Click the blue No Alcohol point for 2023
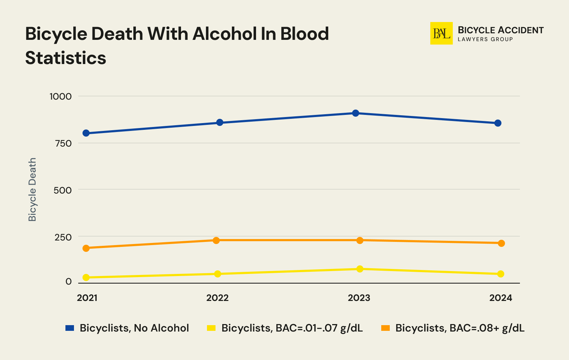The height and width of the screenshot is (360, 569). coord(355,113)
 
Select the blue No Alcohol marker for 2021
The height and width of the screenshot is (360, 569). coord(86,133)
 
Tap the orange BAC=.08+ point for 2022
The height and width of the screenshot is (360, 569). coord(216,240)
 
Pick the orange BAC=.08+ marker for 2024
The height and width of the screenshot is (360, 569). coord(501,243)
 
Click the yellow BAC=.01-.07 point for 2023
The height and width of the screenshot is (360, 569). coord(360,269)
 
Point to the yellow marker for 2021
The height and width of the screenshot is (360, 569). coord(86,277)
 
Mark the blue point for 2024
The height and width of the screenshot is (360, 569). coord(498,123)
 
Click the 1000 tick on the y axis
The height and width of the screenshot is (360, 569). coord(60,96)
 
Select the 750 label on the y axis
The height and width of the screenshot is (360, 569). coord(63,143)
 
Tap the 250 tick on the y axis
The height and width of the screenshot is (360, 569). coord(63,237)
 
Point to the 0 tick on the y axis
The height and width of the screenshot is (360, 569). coord(68,282)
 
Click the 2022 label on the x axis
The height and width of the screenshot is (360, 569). coord(217,298)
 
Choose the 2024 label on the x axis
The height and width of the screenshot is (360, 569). coord(500,298)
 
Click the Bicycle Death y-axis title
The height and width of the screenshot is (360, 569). coord(32,190)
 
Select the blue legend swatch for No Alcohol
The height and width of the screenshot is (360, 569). coord(70,328)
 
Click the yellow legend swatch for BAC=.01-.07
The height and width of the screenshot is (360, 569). coord(211,328)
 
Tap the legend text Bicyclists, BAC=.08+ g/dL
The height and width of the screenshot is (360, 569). coord(460,328)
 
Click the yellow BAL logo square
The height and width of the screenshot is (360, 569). coord(441,33)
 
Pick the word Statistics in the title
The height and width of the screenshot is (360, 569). coord(66,58)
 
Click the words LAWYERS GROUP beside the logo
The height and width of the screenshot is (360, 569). coord(485,39)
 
